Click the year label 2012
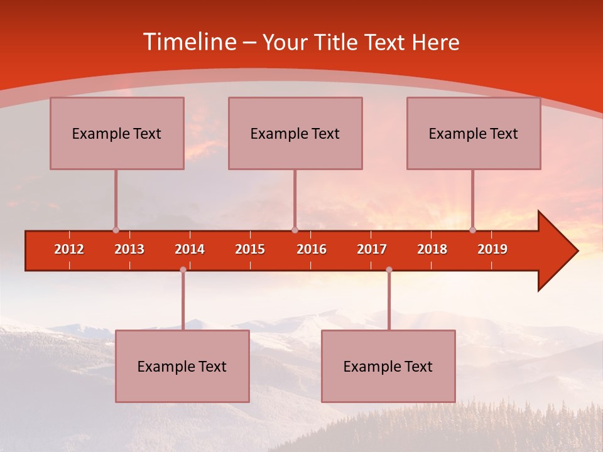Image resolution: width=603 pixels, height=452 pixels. [69, 249]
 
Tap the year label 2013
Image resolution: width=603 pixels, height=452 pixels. [129, 249]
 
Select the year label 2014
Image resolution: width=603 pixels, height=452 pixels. [190, 249]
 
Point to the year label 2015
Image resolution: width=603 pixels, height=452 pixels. [250, 249]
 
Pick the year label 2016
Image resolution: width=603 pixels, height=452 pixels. [312, 249]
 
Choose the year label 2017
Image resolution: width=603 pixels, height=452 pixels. [372, 249]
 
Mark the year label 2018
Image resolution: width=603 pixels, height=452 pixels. [432, 249]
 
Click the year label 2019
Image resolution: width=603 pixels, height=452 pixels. [492, 249]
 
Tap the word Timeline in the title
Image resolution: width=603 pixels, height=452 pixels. [189, 42]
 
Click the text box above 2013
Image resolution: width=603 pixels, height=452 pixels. [117, 133]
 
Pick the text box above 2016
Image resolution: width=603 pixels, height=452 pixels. [295, 133]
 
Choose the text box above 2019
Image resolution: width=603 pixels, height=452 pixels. [474, 133]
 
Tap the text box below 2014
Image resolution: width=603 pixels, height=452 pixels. [182, 366]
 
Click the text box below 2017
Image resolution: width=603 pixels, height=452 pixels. [388, 366]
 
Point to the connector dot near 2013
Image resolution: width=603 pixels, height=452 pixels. [116, 230]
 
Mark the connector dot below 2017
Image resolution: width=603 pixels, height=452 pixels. [389, 270]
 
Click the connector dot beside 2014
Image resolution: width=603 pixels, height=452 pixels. [183, 270]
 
